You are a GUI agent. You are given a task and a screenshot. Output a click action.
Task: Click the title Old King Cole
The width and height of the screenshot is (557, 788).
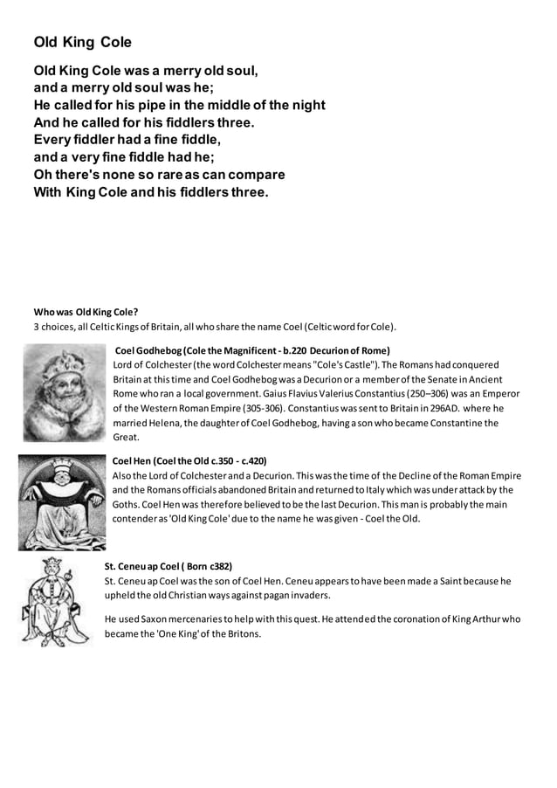click(82, 42)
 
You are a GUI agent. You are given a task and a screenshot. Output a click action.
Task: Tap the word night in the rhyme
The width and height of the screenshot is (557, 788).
click(306, 105)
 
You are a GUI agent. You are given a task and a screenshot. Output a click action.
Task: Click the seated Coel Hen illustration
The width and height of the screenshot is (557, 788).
click(62, 502)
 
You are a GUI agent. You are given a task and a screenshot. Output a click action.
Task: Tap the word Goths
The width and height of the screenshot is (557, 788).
click(127, 504)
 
